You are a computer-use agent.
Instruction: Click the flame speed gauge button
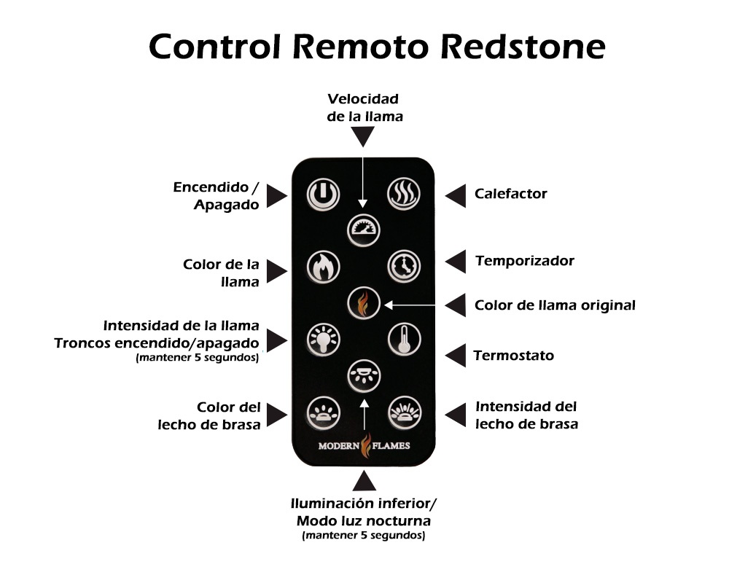pyautogui.click(x=364, y=229)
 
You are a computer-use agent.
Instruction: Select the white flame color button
pyautogui.click(x=323, y=267)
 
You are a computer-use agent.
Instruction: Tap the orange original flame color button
pyautogui.click(x=363, y=302)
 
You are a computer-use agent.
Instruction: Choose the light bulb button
pyautogui.click(x=323, y=339)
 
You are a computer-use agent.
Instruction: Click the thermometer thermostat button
pyautogui.click(x=404, y=339)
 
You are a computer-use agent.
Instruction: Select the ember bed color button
pyautogui.click(x=323, y=412)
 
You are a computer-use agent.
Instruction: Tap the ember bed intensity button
pyautogui.click(x=404, y=412)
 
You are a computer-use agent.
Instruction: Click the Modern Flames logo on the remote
pyautogui.click(x=364, y=445)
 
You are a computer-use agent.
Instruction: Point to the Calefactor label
pyautogui.click(x=510, y=194)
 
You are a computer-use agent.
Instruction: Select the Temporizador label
pyautogui.click(x=524, y=260)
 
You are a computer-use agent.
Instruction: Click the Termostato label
pyautogui.click(x=513, y=356)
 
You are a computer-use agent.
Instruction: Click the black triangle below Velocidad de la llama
pyautogui.click(x=363, y=136)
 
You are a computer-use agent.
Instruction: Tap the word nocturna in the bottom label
pyautogui.click(x=398, y=521)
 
